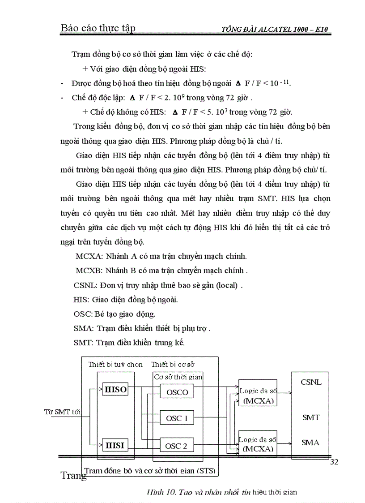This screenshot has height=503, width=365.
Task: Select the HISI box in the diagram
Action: click(115, 445)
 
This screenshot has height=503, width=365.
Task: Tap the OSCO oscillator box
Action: click(177, 392)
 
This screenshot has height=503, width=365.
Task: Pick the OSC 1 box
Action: click(177, 418)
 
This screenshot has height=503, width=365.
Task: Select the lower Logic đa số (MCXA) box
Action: click(258, 443)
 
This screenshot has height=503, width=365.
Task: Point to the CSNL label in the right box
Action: click(311, 383)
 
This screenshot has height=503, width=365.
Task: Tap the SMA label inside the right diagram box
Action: click(311, 443)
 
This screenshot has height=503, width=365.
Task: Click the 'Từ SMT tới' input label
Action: click(62, 412)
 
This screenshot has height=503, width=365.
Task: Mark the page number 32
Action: click(334, 462)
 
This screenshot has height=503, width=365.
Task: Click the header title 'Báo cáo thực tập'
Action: click(98, 29)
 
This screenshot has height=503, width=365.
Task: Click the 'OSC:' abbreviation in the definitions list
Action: click(83, 314)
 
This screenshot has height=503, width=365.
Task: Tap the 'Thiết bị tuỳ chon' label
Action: click(115, 364)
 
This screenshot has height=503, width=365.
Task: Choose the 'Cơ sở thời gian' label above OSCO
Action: click(178, 377)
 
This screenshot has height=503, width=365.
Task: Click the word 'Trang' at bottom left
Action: click(73, 475)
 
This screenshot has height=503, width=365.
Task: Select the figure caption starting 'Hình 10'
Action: click(222, 492)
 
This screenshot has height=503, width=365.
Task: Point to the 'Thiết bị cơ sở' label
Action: click(173, 364)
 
